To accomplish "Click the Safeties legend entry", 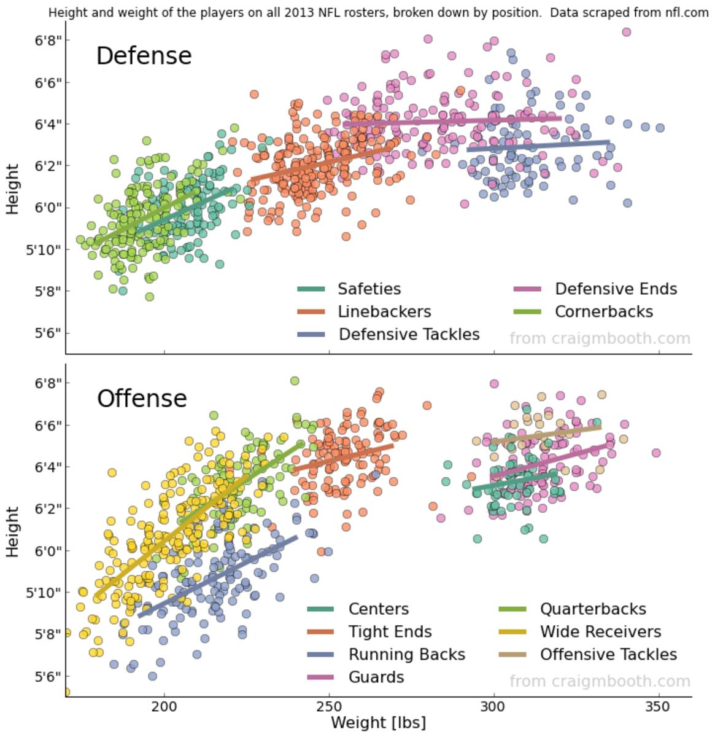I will tap(369, 289).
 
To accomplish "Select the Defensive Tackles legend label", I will tap(409, 334).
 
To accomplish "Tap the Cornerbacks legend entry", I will tap(604, 311).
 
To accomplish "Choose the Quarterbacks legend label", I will tap(593, 609).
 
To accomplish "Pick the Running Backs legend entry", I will tap(406, 654).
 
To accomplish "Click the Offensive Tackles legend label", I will tap(608, 654).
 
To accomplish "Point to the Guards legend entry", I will tap(376, 677).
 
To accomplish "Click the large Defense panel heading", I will tap(144, 56).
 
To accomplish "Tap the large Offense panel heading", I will tap(142, 399).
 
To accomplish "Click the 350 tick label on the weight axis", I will tap(659, 707).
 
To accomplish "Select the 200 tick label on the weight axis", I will tap(164, 707).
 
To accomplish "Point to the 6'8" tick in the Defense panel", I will tap(48, 41).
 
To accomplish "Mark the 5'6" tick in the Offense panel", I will tap(48, 676).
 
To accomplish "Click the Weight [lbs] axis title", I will tap(378, 722).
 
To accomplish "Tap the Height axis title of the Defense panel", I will tap(13, 189).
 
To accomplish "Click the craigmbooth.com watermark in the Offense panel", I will tap(600, 681).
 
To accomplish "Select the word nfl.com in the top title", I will tap(687, 12).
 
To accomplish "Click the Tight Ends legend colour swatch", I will tap(320, 631).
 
